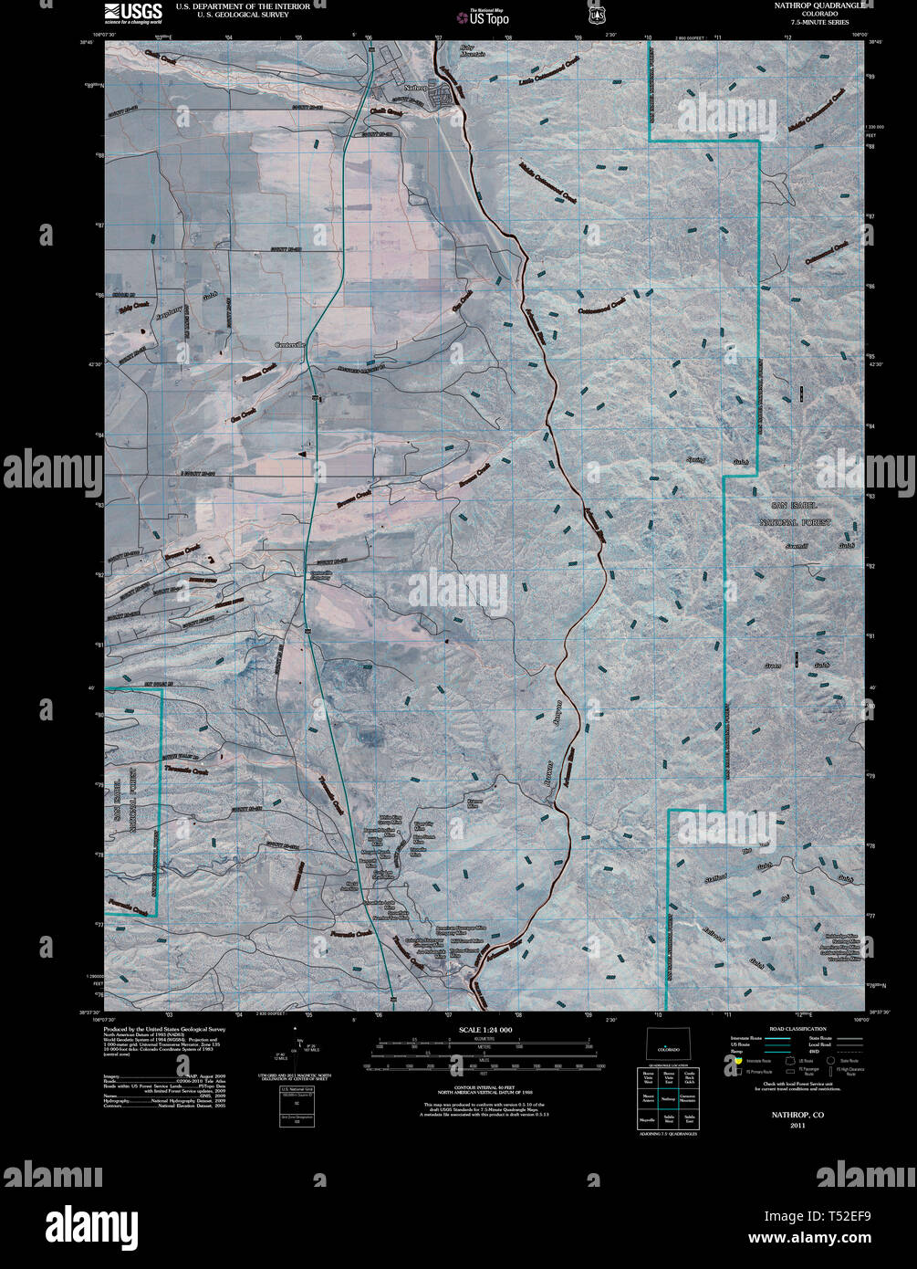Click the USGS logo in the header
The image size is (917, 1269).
pyautogui.click(x=133, y=12)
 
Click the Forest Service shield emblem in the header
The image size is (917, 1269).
pyautogui.click(x=597, y=14)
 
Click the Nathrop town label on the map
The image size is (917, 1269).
pyautogui.click(x=415, y=89)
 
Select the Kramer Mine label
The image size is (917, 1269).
pyautogui.click(x=474, y=803)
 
